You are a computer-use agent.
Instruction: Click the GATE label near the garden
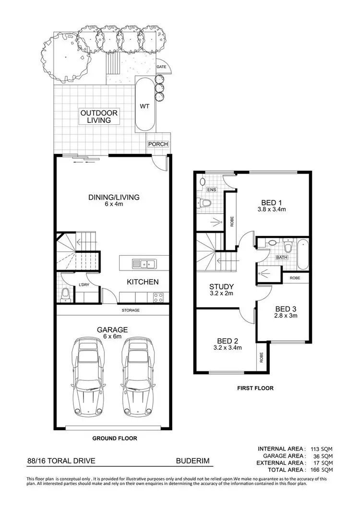click(161, 67)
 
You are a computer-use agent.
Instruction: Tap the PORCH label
click(157, 144)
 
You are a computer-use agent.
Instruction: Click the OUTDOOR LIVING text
click(99, 117)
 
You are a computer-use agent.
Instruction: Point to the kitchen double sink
click(144, 263)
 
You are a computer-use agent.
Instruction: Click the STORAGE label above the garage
click(130, 310)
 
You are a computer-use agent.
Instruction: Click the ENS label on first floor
click(211, 190)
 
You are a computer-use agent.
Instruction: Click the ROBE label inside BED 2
click(261, 356)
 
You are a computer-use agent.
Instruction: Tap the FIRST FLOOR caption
click(254, 388)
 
